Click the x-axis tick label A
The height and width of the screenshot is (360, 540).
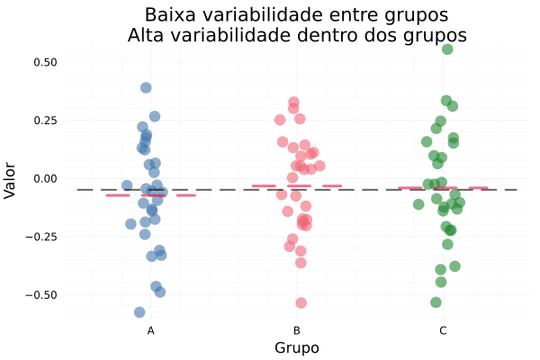pos(151,331)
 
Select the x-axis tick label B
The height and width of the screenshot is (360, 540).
pos(297,331)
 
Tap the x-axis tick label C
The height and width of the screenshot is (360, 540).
pos(443,331)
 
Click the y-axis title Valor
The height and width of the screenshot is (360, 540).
pos(11,178)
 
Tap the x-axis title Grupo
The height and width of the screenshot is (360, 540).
pos(297,348)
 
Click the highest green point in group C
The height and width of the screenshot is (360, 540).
pos(447,49)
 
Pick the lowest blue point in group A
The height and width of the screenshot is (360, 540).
pos(139,312)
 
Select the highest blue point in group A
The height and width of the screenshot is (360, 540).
pos(146,88)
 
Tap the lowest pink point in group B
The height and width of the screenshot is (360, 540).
pos(301,303)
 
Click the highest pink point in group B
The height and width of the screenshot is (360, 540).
pos(293,103)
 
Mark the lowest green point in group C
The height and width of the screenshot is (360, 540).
pos(436,302)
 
